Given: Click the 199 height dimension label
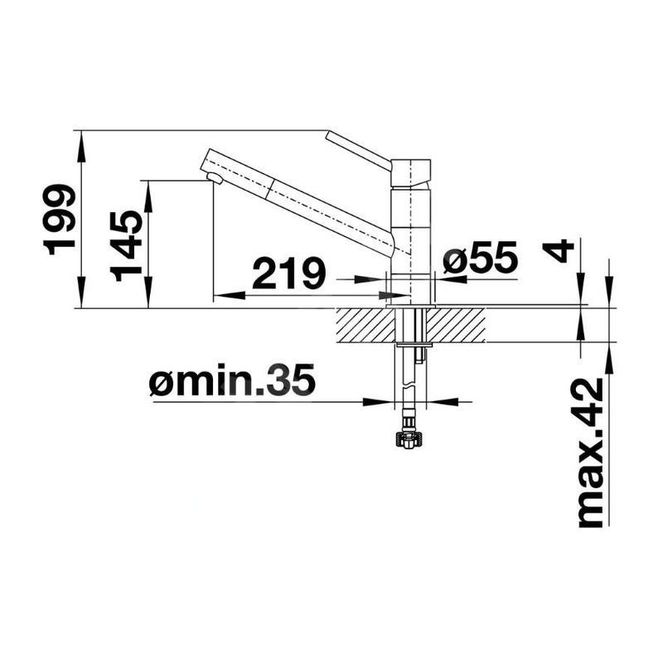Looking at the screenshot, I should coord(61,220).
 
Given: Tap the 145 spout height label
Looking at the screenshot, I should coord(128,245).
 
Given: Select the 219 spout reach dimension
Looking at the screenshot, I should coord(288,274).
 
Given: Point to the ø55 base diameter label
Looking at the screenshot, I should coord(480,259).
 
